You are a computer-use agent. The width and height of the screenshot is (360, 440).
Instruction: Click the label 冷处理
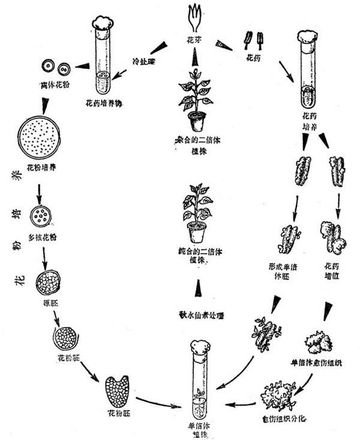click(145, 61)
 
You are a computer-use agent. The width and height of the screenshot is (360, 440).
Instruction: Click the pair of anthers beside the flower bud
click(253, 40)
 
